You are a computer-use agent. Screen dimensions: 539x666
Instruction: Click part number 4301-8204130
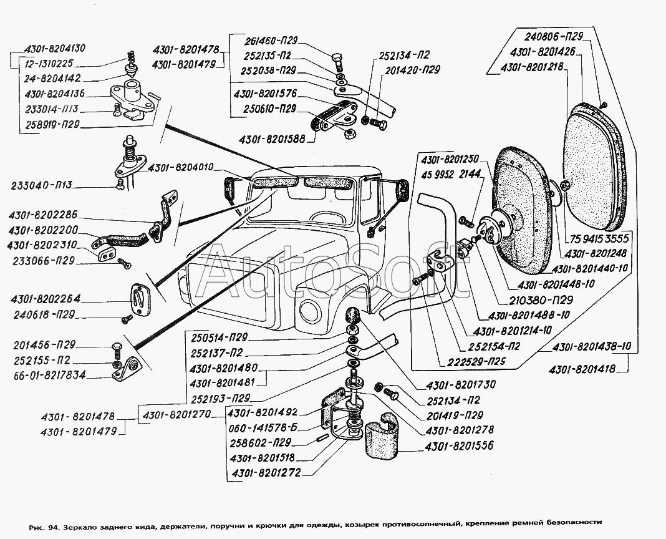tap(54, 48)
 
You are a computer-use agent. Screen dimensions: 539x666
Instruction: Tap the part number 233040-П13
tap(42, 185)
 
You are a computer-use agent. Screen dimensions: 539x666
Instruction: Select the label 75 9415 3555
tap(599, 240)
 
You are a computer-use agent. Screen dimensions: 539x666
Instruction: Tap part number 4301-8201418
tap(582, 369)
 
